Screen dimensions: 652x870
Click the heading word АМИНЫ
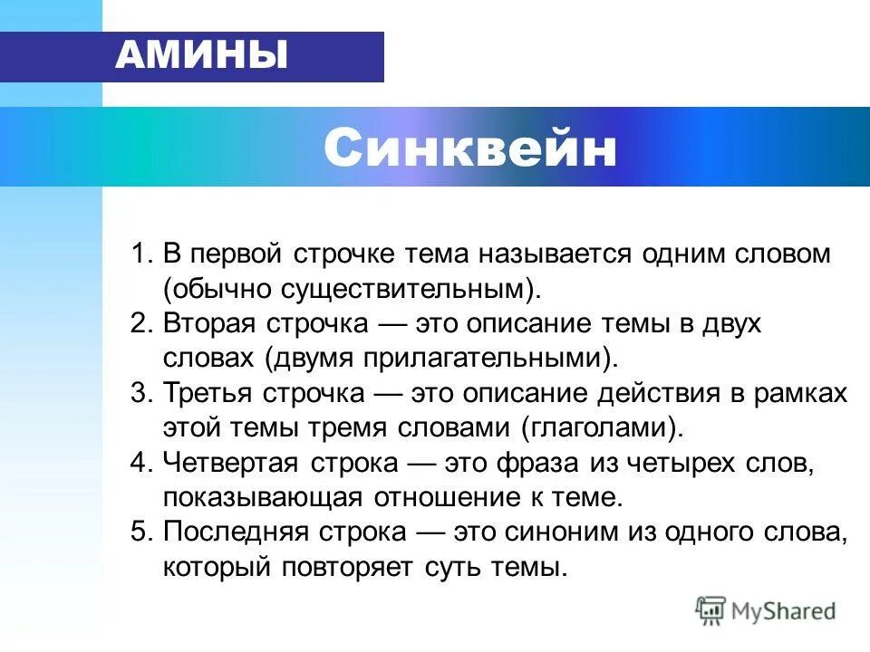pos(201,56)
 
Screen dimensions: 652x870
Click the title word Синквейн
pos(469,148)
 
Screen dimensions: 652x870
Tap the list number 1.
pos(141,254)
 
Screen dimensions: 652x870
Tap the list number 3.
pos(141,394)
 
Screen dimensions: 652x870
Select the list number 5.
pos(141,533)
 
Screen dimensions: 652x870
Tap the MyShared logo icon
pos(710,611)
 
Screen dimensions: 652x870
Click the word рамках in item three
pos(805,394)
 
